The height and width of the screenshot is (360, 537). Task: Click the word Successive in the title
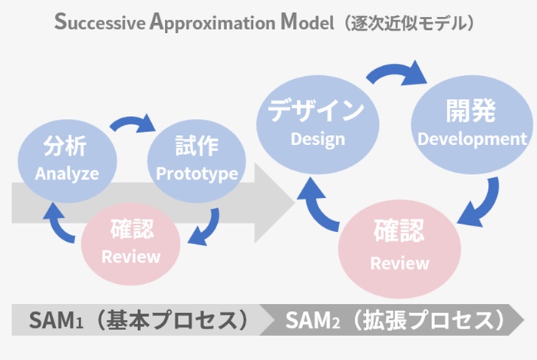(100, 22)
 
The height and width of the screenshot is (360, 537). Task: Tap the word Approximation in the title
(212, 22)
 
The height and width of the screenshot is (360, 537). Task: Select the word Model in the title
(307, 22)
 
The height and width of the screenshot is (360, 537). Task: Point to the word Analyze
(67, 173)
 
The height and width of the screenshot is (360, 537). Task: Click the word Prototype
(197, 173)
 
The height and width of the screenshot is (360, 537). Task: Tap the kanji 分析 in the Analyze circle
(64, 147)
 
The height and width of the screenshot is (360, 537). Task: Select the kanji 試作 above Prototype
(197, 146)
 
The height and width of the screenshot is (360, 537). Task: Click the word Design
(318, 140)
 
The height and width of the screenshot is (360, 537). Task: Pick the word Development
(473, 139)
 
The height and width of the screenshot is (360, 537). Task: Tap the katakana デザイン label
(316, 110)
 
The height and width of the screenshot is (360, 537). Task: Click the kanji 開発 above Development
(470, 111)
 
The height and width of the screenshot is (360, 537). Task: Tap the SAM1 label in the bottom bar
(56, 320)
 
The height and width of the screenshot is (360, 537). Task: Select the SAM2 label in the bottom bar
(312, 320)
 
